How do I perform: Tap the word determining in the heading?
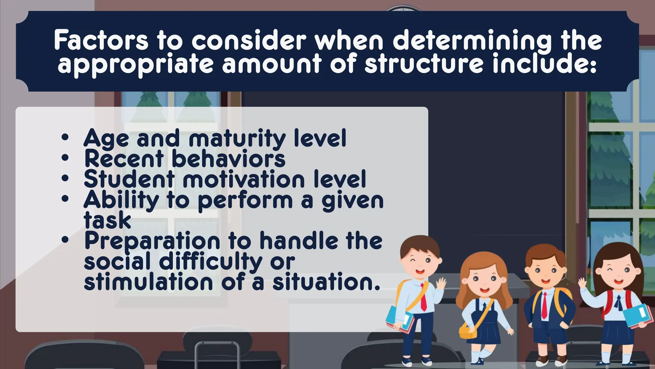click(x=472, y=41)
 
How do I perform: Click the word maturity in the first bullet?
click(x=237, y=138)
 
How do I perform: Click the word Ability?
click(x=121, y=201)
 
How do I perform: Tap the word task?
click(x=107, y=220)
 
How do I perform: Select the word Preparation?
click(x=152, y=241)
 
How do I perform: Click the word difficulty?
click(x=210, y=261)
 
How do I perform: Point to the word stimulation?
click(x=148, y=282)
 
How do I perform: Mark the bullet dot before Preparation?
click(x=65, y=240)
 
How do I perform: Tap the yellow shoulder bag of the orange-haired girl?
click(x=468, y=330)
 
